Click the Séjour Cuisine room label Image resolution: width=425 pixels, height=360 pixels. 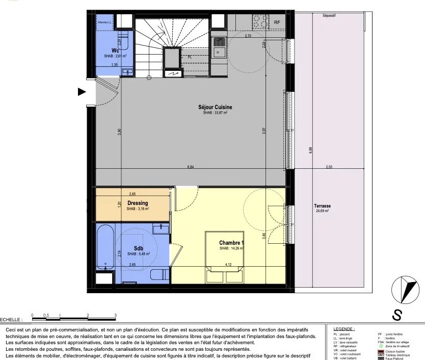click(215, 107)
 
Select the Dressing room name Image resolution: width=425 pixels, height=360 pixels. click(138, 203)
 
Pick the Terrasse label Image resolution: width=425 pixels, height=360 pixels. click(323, 205)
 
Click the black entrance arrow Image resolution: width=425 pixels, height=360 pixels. click(82, 92)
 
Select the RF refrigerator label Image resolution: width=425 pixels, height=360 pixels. click(277, 22)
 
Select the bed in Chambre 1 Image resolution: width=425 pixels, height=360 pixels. click(224, 256)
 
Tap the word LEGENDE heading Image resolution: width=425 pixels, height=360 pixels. click(344, 329)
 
